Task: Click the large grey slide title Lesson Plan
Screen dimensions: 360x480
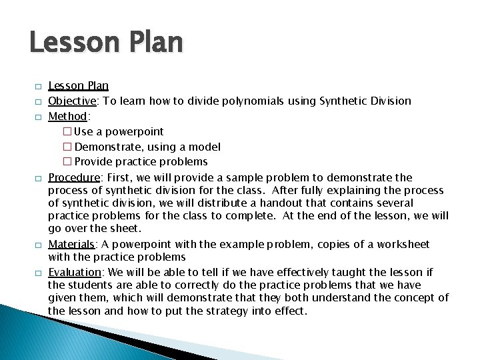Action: click(106, 43)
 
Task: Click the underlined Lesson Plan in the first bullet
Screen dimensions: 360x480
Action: click(78, 86)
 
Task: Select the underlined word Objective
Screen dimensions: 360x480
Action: click(73, 101)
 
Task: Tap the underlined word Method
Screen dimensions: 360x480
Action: click(68, 116)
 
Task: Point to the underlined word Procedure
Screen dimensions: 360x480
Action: click(74, 177)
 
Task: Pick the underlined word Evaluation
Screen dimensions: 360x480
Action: click(75, 272)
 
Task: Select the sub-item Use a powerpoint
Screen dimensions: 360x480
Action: click(118, 131)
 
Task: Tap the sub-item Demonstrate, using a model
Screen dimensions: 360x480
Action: click(147, 147)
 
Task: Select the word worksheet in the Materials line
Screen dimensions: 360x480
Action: click(404, 245)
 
